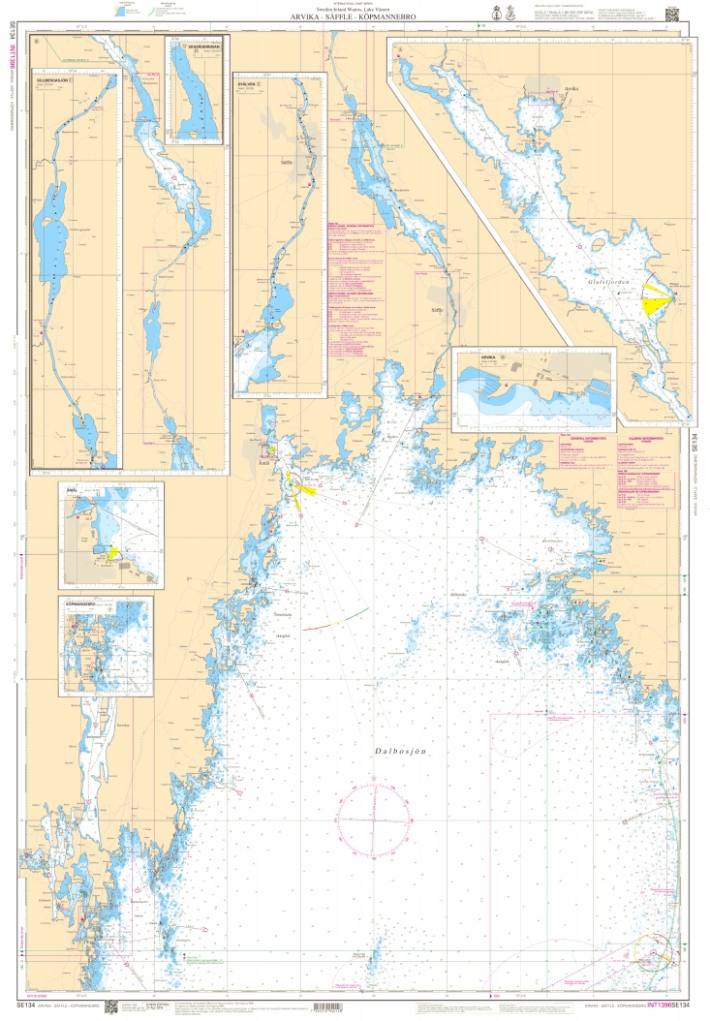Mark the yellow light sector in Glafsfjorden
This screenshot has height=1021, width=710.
[x=656, y=301]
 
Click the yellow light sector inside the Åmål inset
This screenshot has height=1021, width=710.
[x=114, y=551]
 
